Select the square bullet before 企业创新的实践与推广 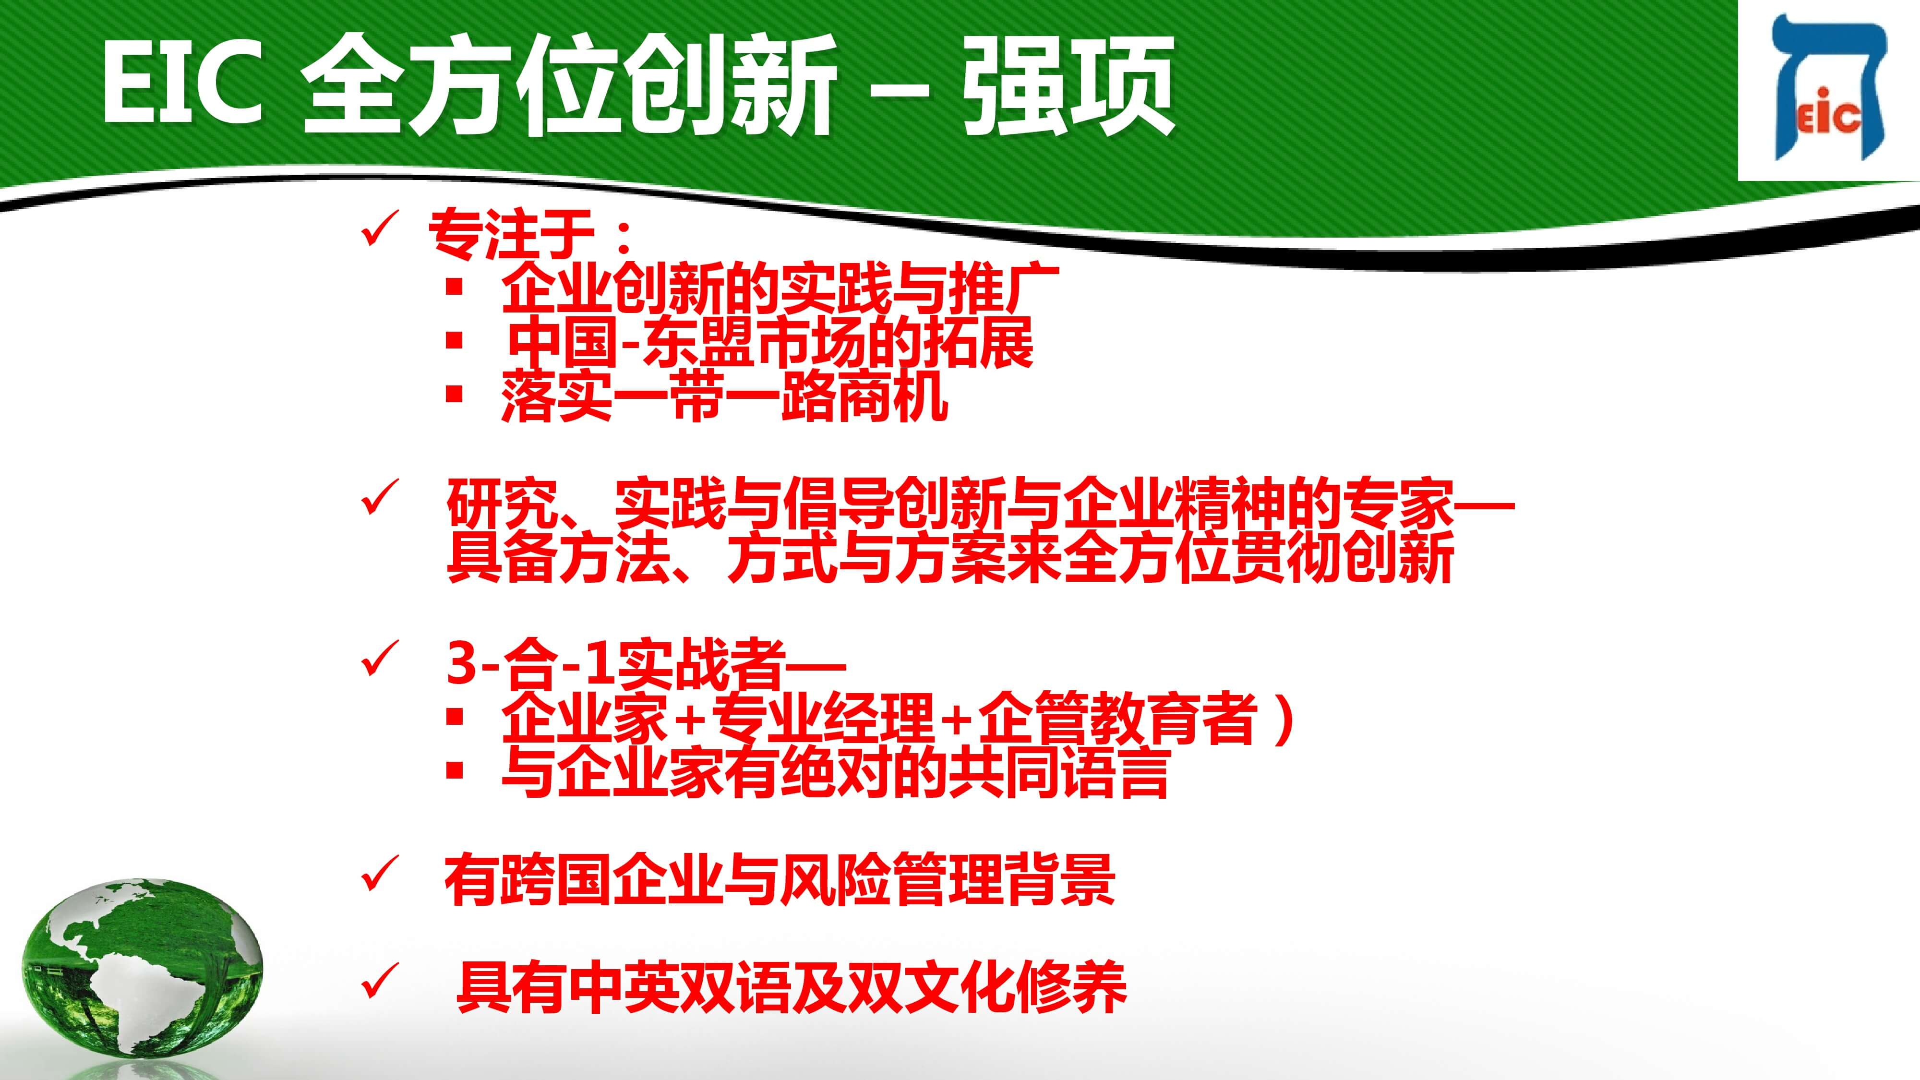(454, 287)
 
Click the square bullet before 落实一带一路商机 (454, 394)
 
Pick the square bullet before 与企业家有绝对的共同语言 (454, 770)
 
